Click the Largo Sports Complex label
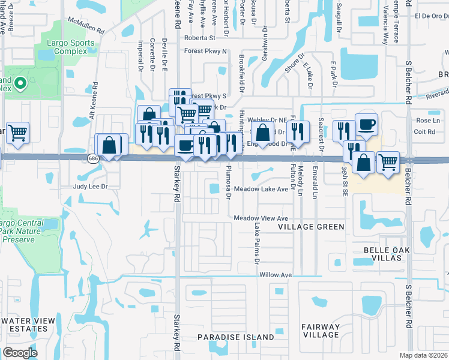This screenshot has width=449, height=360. point(71,47)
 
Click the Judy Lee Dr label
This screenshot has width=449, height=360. point(90,187)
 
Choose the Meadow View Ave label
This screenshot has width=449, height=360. point(261,218)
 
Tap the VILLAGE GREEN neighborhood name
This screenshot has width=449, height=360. point(311,227)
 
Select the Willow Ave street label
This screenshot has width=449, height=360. point(276,275)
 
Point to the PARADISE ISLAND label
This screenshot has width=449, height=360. point(236,337)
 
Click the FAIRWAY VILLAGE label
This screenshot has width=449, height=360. point(320,331)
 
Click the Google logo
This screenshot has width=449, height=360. point(20,352)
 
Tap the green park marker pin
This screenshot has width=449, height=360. point(20,83)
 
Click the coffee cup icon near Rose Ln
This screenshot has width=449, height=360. point(366,124)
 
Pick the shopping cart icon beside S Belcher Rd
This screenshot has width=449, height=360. point(388,161)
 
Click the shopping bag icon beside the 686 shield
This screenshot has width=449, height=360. point(109,145)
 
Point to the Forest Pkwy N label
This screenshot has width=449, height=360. point(206,52)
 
